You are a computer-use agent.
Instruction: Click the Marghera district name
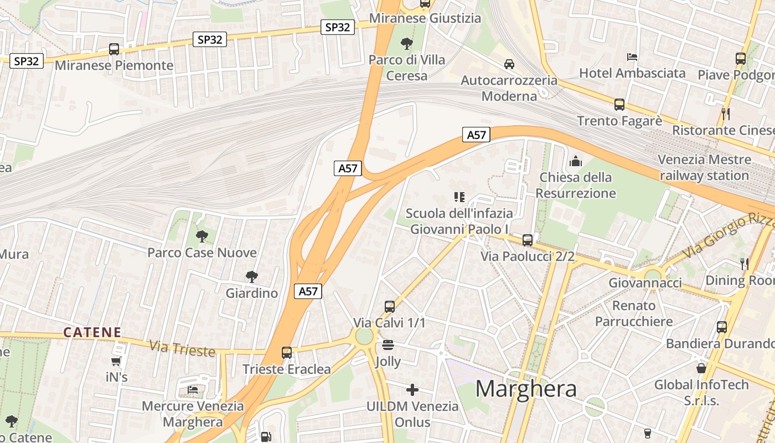pos(526,389)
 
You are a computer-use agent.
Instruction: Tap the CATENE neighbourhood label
pos(92,332)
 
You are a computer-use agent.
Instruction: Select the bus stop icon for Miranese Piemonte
pos(114,49)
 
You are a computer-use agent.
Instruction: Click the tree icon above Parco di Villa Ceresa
pos(407,43)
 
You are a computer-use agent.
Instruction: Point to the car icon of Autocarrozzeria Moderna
pos(509,64)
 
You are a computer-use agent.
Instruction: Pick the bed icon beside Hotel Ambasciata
pos(632,56)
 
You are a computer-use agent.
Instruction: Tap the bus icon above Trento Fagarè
pos(619,104)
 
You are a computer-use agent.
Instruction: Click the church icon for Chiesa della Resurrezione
pos(576,161)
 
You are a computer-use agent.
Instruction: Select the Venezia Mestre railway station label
pos(704,168)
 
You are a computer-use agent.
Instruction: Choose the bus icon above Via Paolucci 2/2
pos(528,240)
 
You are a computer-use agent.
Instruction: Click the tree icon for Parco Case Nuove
pos(202,236)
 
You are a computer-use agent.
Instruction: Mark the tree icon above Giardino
pos(252,276)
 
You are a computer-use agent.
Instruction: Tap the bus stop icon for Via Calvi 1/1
pos(390,306)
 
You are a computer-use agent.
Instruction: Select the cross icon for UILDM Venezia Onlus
pos(412,390)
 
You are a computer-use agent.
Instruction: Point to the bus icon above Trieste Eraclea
pos(287,352)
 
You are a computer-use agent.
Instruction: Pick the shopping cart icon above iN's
pos(116,362)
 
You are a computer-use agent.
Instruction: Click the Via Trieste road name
pos(182,349)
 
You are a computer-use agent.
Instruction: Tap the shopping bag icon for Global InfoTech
pos(701,368)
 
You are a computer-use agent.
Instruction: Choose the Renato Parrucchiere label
pos(634,313)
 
